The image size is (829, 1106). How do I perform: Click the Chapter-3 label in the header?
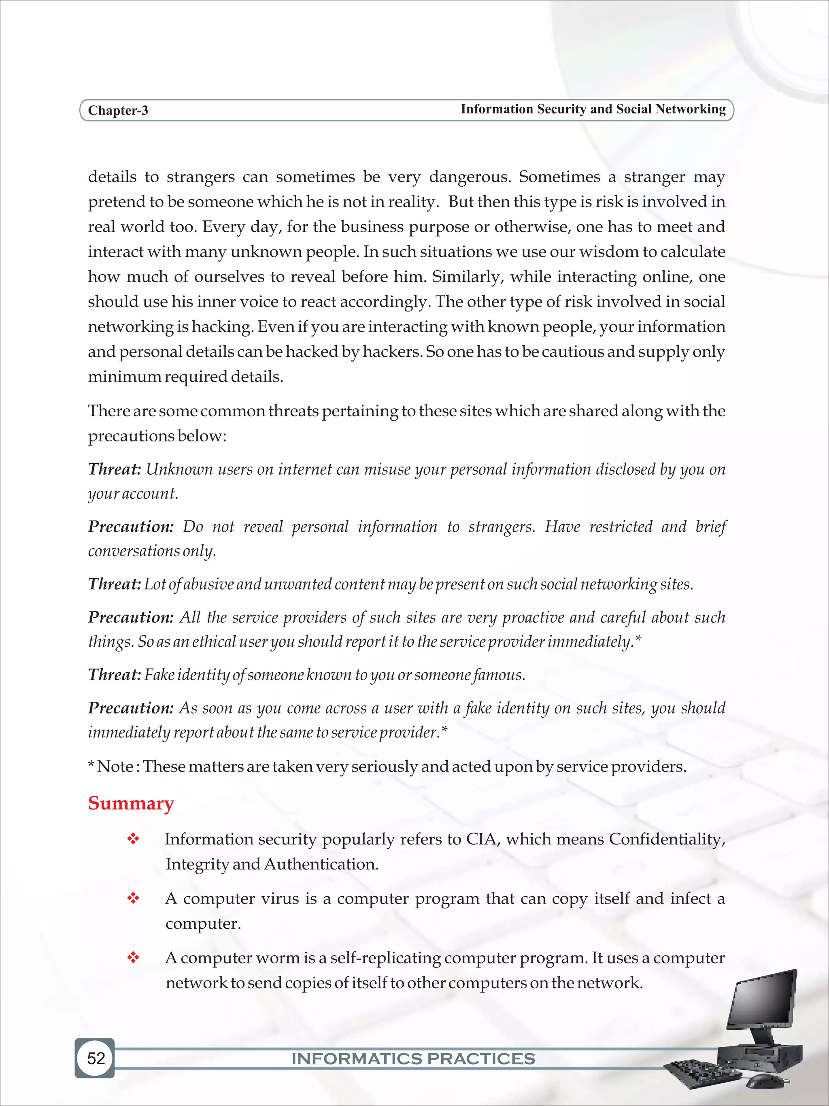[118, 111]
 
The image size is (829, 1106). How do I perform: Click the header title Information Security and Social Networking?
[593, 109]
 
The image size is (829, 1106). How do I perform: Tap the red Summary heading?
[131, 803]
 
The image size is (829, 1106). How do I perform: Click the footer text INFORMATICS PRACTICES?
[413, 1059]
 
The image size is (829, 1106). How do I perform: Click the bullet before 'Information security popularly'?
[133, 840]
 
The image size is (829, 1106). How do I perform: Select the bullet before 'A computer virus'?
[133, 899]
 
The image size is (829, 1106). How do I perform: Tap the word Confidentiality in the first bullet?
[667, 839]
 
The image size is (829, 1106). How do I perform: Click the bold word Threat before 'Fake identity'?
[115, 675]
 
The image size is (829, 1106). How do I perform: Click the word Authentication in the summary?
[321, 864]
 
